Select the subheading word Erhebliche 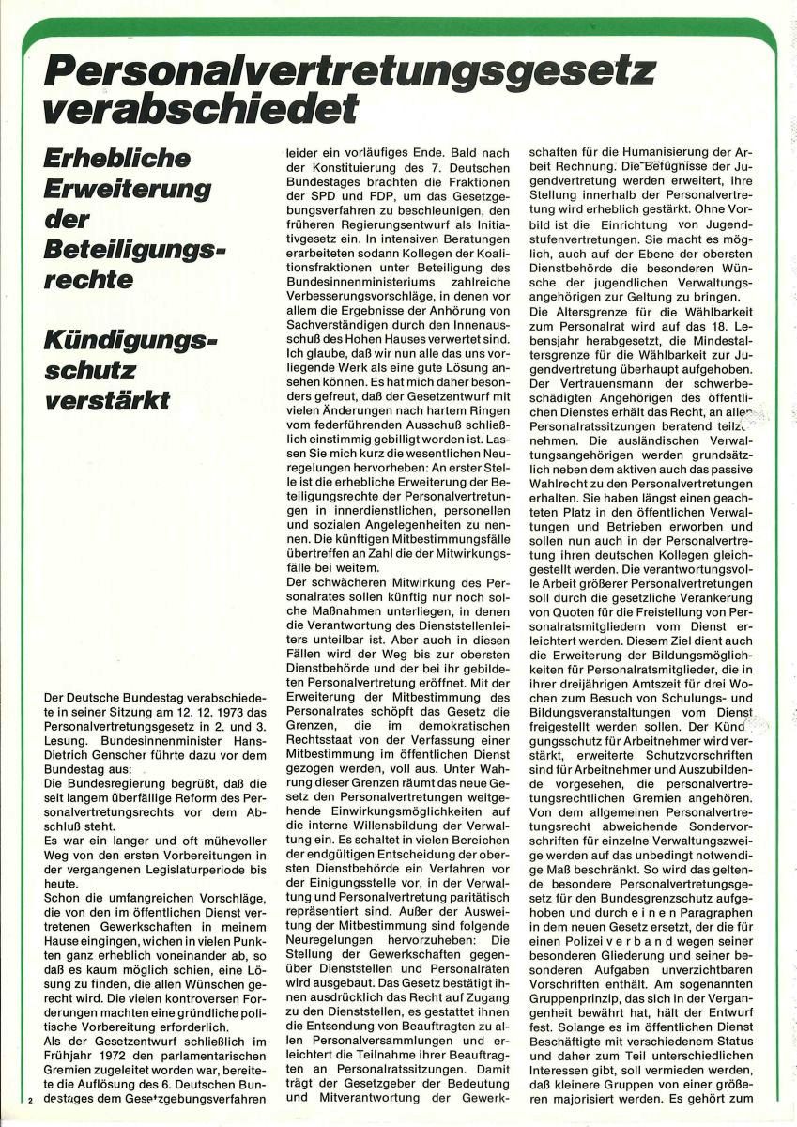pos(117,157)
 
